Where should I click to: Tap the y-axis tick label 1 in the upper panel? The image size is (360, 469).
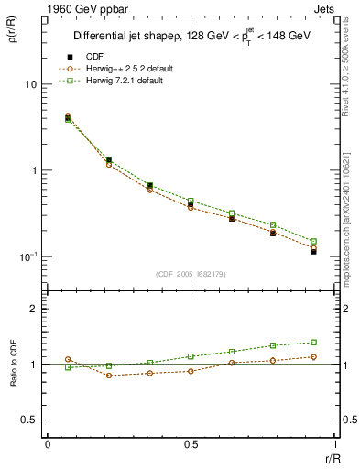tap(35, 170)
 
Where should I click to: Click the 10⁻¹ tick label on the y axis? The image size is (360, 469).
tap(29, 256)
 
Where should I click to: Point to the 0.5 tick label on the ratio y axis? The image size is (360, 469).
tap(30, 420)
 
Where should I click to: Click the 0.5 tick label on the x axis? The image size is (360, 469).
tap(191, 444)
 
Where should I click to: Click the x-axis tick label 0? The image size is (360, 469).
tap(48, 444)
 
